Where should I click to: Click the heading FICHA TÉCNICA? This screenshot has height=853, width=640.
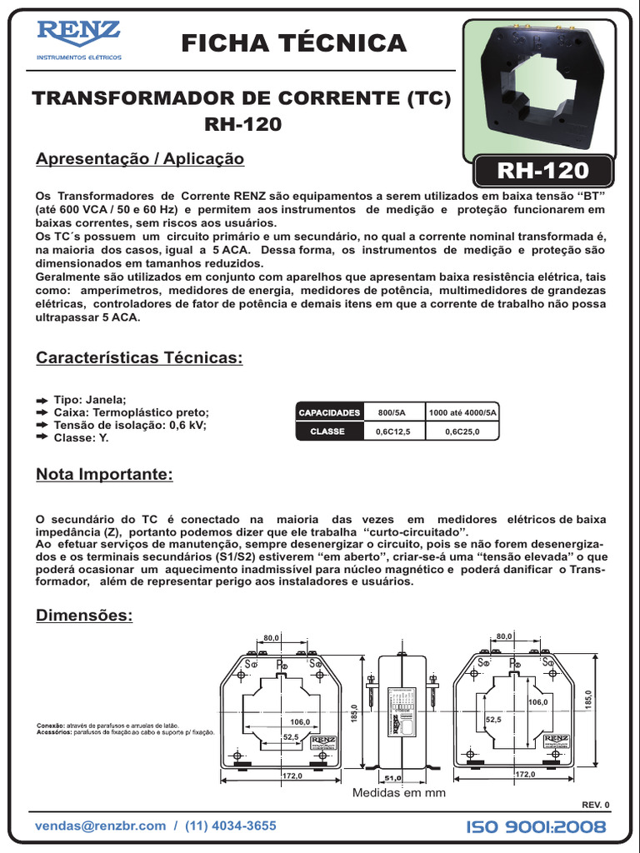pyautogui.click(x=293, y=42)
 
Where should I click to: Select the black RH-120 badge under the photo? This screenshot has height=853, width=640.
pyautogui.click(x=542, y=171)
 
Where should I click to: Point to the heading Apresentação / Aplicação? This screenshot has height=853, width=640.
pyautogui.click(x=140, y=158)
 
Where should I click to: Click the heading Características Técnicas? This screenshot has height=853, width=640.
pyautogui.click(x=139, y=358)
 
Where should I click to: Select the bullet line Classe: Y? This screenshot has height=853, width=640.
pyautogui.click(x=81, y=436)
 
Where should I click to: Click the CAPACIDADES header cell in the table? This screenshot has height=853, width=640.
pyautogui.click(x=329, y=412)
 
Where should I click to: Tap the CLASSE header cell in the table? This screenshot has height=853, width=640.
pyautogui.click(x=327, y=431)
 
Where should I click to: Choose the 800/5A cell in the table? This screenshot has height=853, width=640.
pyautogui.click(x=392, y=412)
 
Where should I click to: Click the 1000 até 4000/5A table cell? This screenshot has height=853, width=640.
pyautogui.click(x=462, y=412)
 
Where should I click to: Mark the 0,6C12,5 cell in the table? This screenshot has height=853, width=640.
pyautogui.click(x=393, y=431)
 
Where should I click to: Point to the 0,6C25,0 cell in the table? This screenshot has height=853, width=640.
pyautogui.click(x=462, y=431)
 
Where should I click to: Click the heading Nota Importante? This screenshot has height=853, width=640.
pyautogui.click(x=104, y=475)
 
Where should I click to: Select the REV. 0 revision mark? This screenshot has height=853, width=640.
pyautogui.click(x=595, y=805)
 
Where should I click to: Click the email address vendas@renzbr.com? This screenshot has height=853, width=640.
pyautogui.click(x=101, y=826)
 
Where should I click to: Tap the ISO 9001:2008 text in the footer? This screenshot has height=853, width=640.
pyautogui.click(x=537, y=826)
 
